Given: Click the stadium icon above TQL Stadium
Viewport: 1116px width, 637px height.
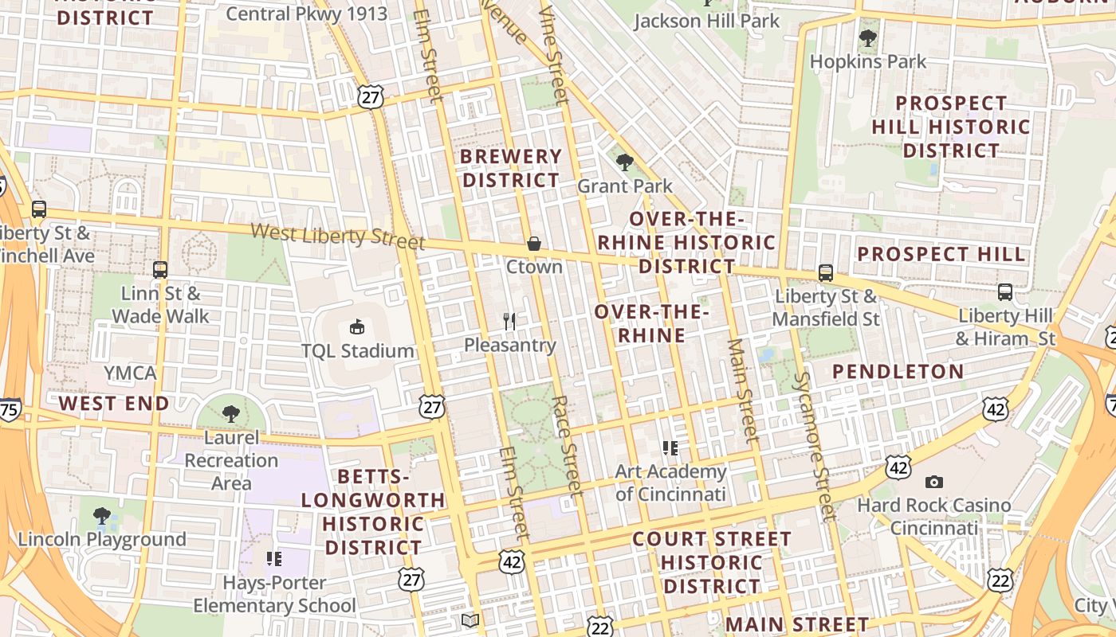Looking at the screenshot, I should (x=357, y=326).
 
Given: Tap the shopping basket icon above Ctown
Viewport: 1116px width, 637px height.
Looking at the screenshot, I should (x=533, y=243).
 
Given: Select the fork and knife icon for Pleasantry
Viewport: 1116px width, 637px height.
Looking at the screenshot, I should (x=509, y=322).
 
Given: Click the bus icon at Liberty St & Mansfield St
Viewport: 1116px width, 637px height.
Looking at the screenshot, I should (x=826, y=273).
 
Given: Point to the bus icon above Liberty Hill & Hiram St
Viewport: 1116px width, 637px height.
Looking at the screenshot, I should (x=1005, y=292).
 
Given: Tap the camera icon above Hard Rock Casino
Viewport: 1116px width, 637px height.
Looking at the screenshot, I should (x=933, y=482).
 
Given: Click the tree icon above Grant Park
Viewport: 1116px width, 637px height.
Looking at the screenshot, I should (x=625, y=162).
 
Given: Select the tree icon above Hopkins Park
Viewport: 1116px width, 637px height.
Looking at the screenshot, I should (x=868, y=37).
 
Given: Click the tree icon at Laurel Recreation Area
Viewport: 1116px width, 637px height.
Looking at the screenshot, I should (x=231, y=414).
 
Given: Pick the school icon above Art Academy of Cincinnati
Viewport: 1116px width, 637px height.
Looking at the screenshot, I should (x=670, y=448).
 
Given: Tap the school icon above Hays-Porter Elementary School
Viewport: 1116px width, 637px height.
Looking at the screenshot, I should (x=274, y=559).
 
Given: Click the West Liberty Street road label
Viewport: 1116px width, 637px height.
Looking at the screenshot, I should (x=338, y=236).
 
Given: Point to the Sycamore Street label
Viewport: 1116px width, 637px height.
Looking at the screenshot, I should (x=814, y=446).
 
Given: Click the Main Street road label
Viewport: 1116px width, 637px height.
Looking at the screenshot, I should (x=742, y=390).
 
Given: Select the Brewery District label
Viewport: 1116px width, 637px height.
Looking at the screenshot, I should (x=511, y=168).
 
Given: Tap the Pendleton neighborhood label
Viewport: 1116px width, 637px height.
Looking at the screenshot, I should (x=898, y=372).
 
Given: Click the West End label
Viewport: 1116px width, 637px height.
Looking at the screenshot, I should (x=114, y=404).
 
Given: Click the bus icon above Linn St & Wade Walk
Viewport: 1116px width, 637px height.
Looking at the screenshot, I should (x=160, y=270).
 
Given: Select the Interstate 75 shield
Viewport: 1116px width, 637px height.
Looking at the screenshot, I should (x=10, y=409).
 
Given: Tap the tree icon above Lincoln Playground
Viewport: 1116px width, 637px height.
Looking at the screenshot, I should (x=101, y=516).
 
